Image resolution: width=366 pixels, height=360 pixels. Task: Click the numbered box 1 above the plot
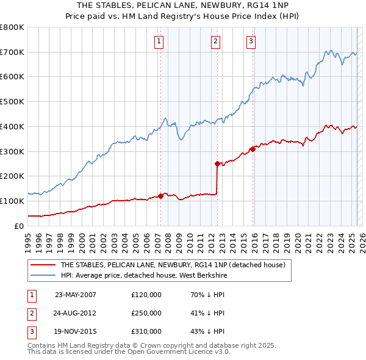tap(159, 41)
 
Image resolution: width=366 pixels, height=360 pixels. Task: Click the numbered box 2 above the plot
tap(216, 41)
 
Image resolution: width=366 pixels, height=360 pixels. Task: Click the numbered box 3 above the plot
tap(251, 41)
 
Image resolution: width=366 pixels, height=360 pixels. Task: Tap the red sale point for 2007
tap(160, 196)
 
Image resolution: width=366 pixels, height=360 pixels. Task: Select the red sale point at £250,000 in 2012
tap(217, 164)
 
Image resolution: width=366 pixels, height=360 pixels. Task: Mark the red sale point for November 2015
tap(253, 148)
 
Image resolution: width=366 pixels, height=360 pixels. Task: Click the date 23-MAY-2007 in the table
tap(75, 295)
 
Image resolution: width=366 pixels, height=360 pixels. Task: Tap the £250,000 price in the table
tap(146, 313)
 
